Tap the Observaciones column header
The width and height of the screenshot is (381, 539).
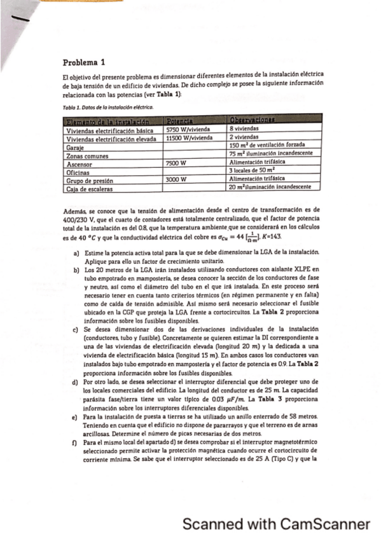tap(253, 119)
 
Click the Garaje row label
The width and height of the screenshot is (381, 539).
tap(77, 146)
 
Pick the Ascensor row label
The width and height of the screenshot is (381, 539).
tap(81, 163)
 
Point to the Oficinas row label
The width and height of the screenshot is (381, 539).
tap(80, 172)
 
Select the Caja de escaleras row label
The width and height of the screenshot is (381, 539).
tap(90, 189)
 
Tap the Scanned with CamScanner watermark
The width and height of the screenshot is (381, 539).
tap(276, 524)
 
